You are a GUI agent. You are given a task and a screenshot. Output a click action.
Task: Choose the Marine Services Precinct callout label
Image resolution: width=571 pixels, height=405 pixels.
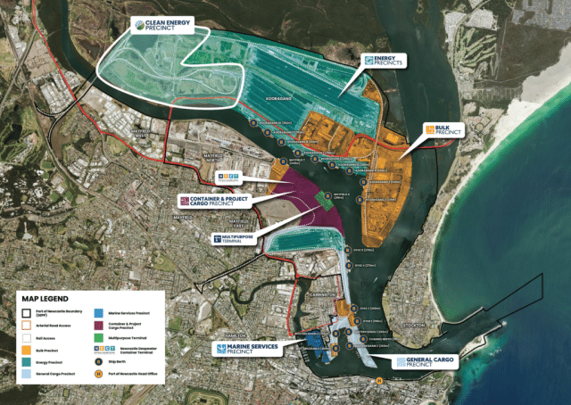244,347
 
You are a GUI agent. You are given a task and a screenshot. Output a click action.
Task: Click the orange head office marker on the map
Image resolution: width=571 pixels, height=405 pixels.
378,381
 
